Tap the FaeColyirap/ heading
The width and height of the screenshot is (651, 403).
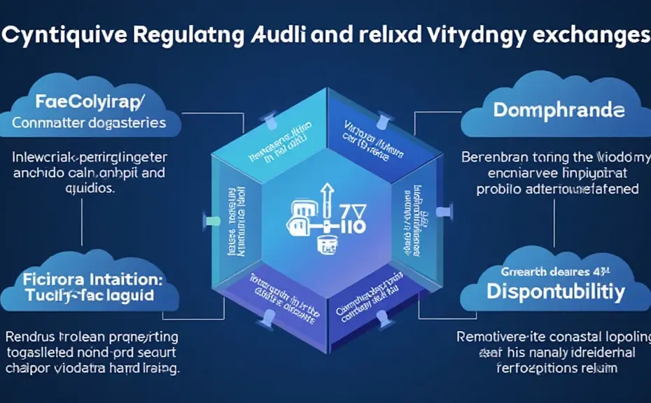click(x=88, y=102)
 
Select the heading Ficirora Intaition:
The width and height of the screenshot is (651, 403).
click(x=90, y=277)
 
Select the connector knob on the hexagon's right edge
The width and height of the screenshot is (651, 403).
click(x=440, y=210)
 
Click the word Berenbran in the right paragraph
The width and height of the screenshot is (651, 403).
click(x=492, y=157)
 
